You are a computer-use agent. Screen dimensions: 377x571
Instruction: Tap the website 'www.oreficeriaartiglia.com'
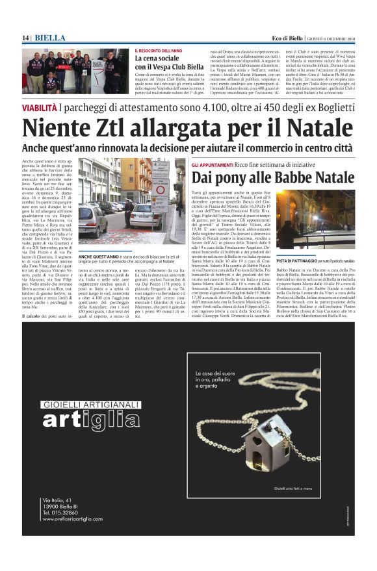[x=71, y=518]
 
